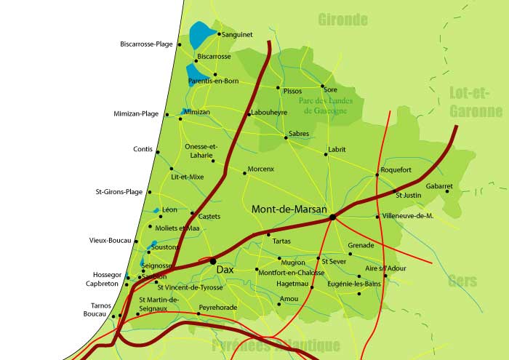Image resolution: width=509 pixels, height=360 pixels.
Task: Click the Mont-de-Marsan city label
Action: pyautogui.click(x=289, y=209)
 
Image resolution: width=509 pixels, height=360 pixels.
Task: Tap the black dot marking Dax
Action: pyautogui.click(x=212, y=260)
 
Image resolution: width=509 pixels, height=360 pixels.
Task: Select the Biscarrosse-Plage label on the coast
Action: pyautogui.click(x=146, y=44)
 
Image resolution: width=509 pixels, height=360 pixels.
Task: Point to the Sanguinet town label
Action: pyautogui.click(x=236, y=33)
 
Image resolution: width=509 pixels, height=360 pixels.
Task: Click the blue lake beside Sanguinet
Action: pyautogui.click(x=199, y=35)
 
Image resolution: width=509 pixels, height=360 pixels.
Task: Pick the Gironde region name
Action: pyautogui.click(x=342, y=20)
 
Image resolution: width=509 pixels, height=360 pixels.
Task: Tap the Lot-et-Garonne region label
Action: pyautogui.click(x=476, y=102)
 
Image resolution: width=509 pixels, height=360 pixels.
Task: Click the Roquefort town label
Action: pyautogui.click(x=396, y=169)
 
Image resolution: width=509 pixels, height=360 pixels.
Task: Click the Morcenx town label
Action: pyautogui.click(x=260, y=169)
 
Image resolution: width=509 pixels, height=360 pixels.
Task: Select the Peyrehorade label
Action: pyautogui.click(x=218, y=308)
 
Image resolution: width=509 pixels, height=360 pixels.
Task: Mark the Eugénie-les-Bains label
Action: pyautogui.click(x=353, y=284)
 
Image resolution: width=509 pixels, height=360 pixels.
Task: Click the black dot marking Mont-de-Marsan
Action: pyautogui.click(x=332, y=217)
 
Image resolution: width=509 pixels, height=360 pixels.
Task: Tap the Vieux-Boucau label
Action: pyautogui.click(x=110, y=240)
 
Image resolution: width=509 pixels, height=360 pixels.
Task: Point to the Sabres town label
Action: pyautogui.click(x=299, y=134)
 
